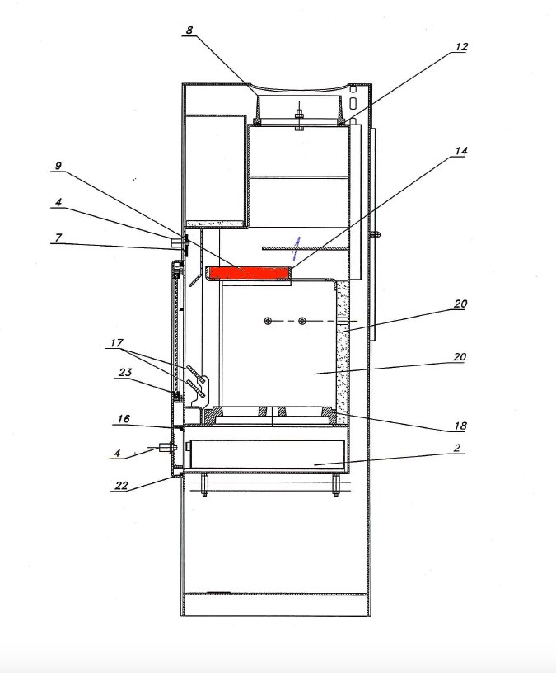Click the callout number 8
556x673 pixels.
click(x=189, y=31)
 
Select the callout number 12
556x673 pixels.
click(x=460, y=47)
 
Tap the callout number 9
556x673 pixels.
click(x=58, y=165)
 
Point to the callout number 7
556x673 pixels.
click(x=58, y=238)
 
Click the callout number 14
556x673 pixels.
click(x=460, y=151)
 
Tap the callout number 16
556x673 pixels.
click(x=123, y=419)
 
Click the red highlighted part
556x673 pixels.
click(x=248, y=272)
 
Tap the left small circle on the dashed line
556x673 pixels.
click(x=268, y=320)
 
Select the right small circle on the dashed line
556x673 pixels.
click(x=302, y=320)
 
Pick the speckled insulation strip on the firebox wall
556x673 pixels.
click(x=344, y=346)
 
